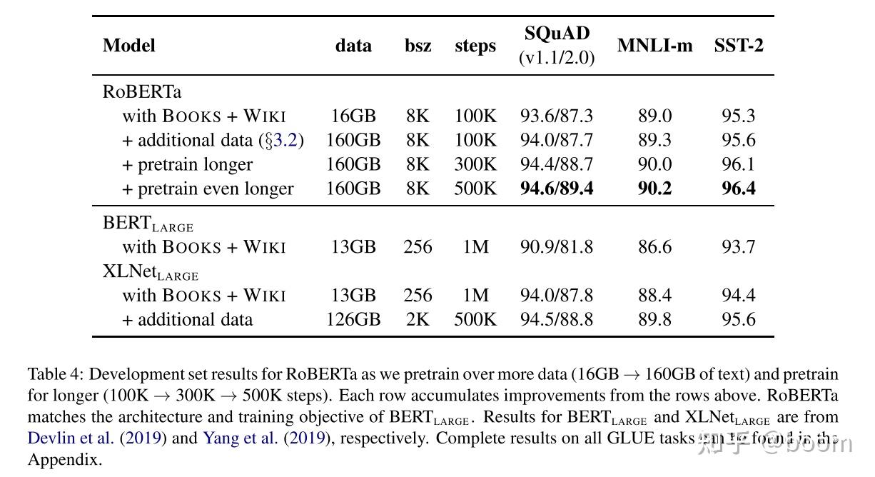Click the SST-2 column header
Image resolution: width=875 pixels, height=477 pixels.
tap(738, 46)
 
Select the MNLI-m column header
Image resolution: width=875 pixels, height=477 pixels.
tap(654, 46)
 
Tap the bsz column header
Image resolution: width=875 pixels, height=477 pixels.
tap(418, 46)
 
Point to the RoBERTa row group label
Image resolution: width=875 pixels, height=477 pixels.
tap(142, 91)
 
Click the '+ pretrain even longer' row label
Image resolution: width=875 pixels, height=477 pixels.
tap(208, 189)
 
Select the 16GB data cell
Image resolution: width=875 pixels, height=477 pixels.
tap(353, 116)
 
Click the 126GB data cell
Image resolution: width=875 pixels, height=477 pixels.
tap(353, 319)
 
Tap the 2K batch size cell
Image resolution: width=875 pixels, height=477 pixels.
tap(418, 319)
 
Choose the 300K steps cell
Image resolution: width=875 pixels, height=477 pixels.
tap(475, 164)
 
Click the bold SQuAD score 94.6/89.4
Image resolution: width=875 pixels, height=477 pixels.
tap(556, 189)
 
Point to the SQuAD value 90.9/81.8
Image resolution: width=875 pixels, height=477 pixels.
tap(556, 247)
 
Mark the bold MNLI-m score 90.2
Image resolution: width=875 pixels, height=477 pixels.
tap(654, 189)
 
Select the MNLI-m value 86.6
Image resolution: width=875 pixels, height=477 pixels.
tap(654, 247)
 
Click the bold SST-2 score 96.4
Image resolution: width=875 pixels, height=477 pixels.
tap(738, 189)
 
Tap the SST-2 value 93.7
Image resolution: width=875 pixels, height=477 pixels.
tap(738, 247)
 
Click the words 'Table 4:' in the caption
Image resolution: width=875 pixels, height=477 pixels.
tap(56, 374)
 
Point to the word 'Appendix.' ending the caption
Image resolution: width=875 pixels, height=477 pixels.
tap(65, 459)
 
